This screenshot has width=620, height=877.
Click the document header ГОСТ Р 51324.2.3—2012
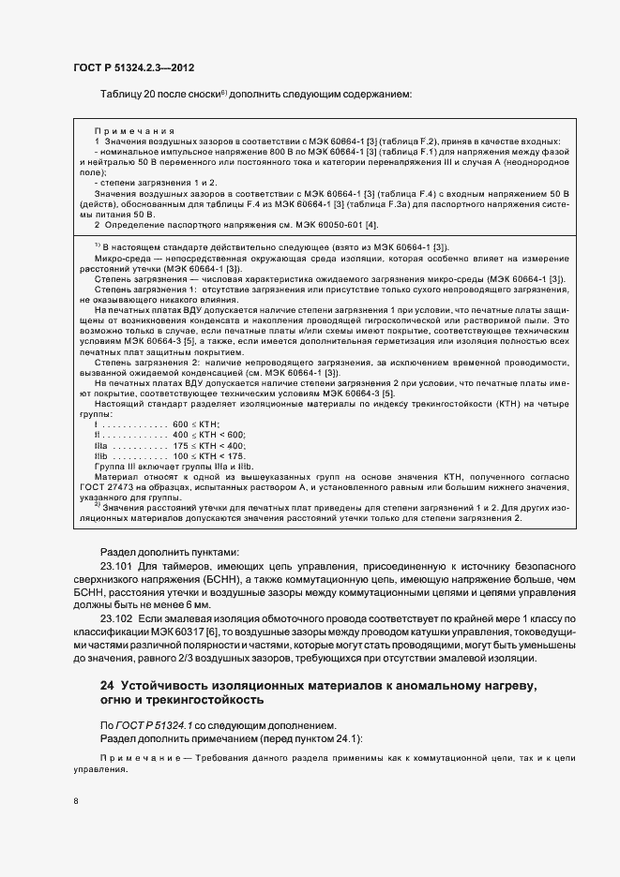[133, 67]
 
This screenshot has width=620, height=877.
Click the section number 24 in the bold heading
[107, 686]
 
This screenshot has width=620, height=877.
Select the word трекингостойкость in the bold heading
[213, 700]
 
